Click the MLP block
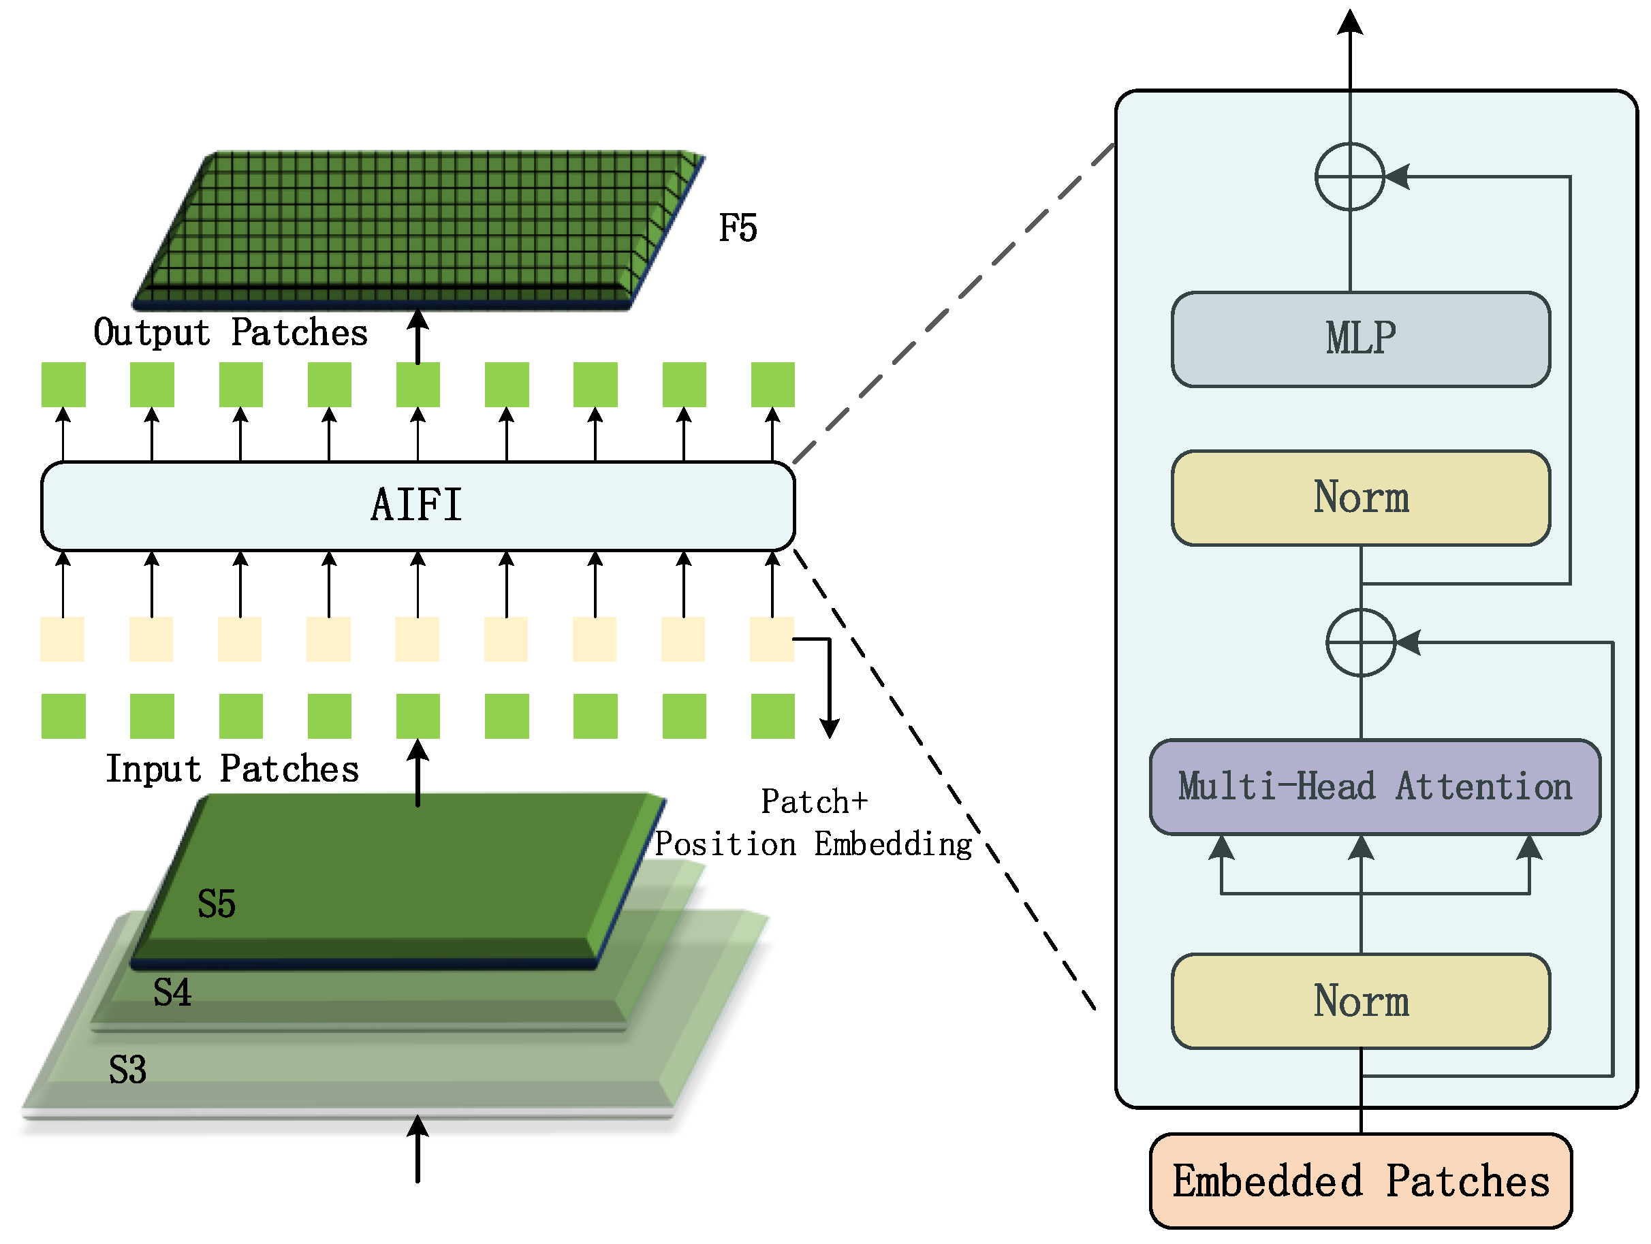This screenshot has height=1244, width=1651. [x=1360, y=340]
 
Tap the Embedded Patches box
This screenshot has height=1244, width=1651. [x=1360, y=1181]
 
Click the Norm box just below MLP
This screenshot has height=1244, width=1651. [x=1360, y=498]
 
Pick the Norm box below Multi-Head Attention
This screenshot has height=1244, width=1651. [x=1360, y=1002]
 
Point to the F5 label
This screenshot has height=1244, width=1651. [x=738, y=227]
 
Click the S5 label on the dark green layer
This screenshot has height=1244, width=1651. [x=217, y=904]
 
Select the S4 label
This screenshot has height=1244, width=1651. [x=172, y=993]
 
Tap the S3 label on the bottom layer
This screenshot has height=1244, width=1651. [x=127, y=1070]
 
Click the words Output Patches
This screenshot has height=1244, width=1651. [x=231, y=333]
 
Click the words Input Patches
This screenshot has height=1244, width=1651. [x=232, y=769]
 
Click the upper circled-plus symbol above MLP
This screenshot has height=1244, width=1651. [x=1349, y=177]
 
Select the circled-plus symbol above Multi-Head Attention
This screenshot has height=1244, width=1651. [x=1360, y=643]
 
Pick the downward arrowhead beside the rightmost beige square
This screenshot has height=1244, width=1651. [x=829, y=729]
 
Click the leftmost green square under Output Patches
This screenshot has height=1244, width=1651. [x=63, y=384]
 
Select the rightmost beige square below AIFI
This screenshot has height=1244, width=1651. [x=772, y=639]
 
